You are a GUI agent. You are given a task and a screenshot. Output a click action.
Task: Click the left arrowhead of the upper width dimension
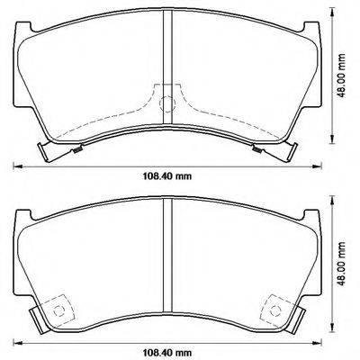(x=15, y=164)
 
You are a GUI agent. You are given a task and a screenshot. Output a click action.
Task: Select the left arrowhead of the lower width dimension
(x=15, y=338)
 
